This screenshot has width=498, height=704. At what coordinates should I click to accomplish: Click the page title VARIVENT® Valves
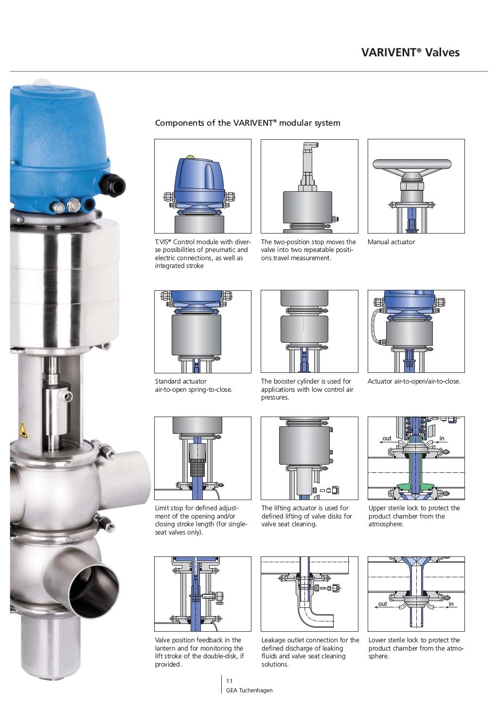[410, 52]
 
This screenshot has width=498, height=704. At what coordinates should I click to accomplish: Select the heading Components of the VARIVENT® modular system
[248, 123]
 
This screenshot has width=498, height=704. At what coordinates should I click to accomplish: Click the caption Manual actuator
[391, 242]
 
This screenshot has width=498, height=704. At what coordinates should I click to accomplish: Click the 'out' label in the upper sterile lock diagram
[387, 438]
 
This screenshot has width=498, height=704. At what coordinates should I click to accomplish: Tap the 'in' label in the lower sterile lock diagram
[451, 604]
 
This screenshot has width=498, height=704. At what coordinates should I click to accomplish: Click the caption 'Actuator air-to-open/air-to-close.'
[414, 381]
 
